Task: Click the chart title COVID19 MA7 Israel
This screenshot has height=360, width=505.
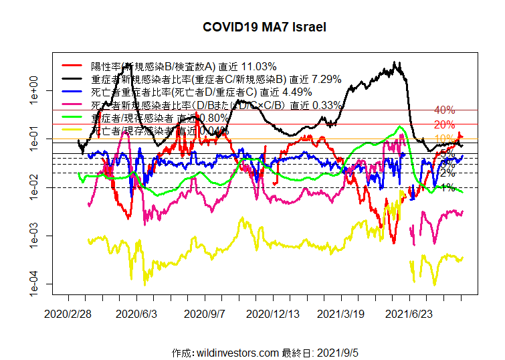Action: click(265, 27)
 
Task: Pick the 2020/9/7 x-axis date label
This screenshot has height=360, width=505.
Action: click(205, 312)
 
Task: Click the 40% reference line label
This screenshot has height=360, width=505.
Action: click(444, 110)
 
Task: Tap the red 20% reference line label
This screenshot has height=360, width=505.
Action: click(444, 124)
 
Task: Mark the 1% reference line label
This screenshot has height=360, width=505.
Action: click(448, 187)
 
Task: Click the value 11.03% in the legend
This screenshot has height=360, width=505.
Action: click(258, 66)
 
